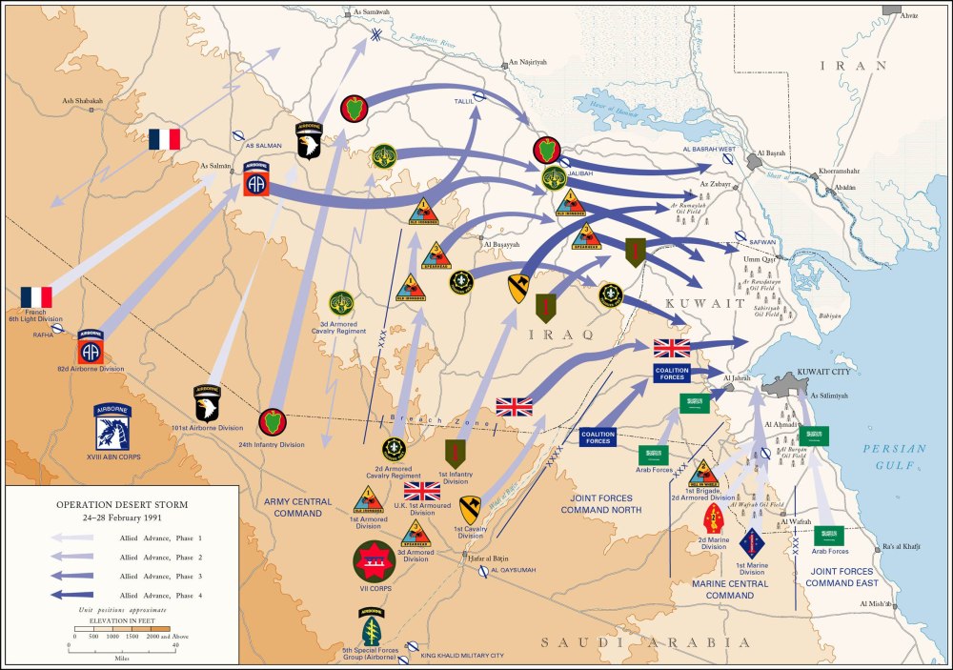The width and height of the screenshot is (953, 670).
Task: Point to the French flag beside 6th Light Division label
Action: point(36,297)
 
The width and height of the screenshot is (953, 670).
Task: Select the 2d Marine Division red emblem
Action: point(713,520)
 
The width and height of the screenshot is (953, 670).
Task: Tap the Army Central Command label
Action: point(298,507)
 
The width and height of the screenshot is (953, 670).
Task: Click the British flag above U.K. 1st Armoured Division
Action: point(421,491)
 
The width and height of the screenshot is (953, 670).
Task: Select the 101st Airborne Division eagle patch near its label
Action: point(207,403)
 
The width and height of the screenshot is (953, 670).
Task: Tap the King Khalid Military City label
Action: point(461,655)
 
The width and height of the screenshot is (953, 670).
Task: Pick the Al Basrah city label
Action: point(770,152)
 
